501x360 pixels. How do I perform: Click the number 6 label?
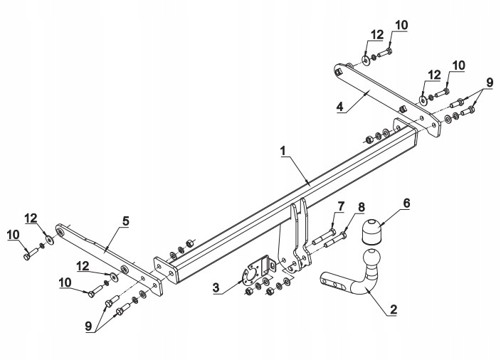[406, 203]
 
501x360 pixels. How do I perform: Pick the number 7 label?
[340, 206]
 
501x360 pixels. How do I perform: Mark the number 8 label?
[361, 208]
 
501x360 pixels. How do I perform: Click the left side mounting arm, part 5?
[107, 250]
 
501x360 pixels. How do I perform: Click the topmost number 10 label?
[401, 26]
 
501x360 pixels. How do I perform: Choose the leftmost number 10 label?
[13, 233]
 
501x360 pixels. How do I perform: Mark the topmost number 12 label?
[376, 33]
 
